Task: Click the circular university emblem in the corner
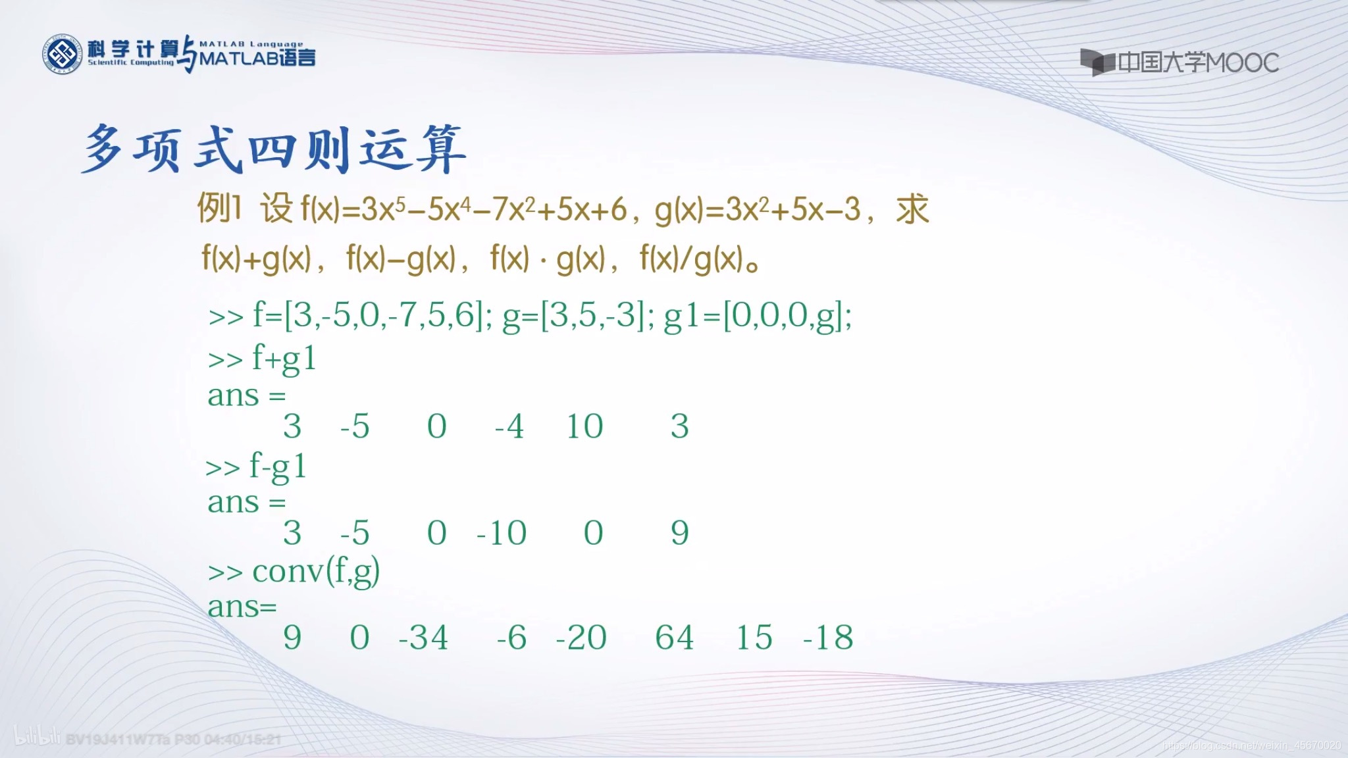point(62,54)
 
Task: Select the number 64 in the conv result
point(674,637)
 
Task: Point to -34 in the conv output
point(423,637)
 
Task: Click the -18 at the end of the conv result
point(828,637)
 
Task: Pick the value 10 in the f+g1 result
point(584,426)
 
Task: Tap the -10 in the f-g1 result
point(502,532)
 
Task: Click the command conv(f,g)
point(315,571)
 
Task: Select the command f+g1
point(284,359)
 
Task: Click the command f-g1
point(278,467)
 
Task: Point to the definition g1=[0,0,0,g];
point(758,316)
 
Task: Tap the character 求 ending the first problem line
point(912,210)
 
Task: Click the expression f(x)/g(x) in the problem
point(691,259)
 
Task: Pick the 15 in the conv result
point(754,637)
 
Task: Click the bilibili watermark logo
point(38,738)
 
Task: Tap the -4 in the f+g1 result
point(509,426)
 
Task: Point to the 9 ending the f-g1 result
point(679,532)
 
